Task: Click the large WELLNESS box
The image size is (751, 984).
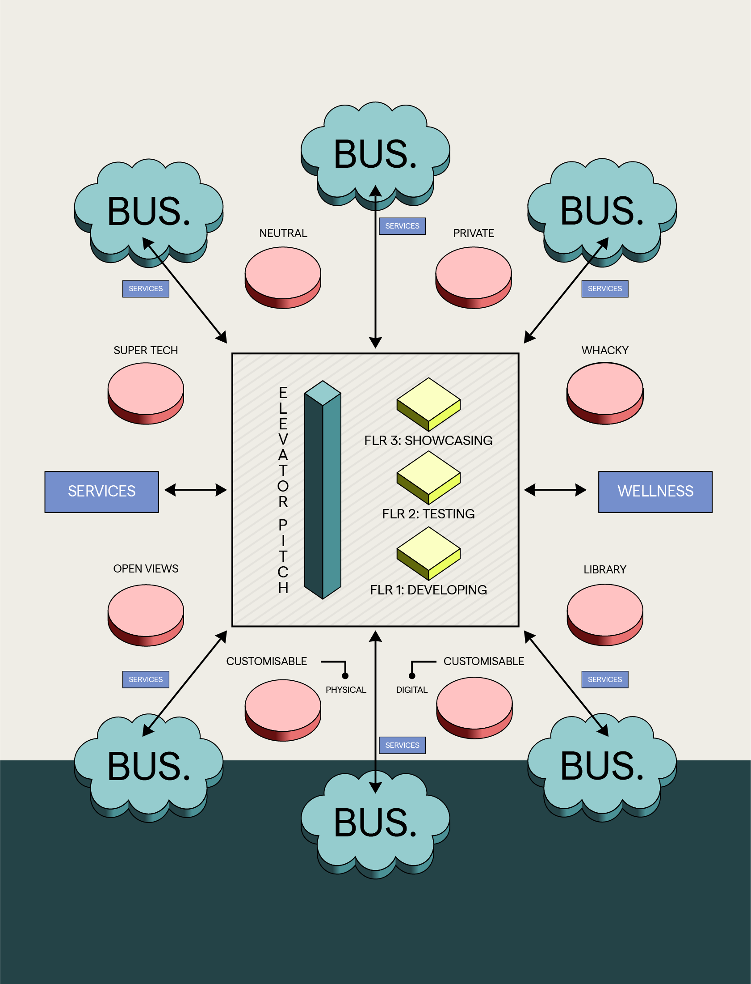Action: pyautogui.click(x=655, y=491)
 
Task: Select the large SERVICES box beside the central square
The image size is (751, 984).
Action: pyautogui.click(x=101, y=491)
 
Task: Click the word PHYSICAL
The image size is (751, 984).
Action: pyautogui.click(x=345, y=690)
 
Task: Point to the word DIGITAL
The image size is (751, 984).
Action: pyautogui.click(x=412, y=690)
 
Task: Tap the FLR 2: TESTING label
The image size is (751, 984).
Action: pyautogui.click(x=428, y=514)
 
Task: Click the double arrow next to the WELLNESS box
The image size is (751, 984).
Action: pyautogui.click(x=555, y=490)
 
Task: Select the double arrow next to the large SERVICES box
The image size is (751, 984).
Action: pyautogui.click(x=195, y=490)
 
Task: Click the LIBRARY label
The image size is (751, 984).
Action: pyautogui.click(x=605, y=569)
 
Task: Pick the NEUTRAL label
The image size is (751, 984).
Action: pyautogui.click(x=283, y=233)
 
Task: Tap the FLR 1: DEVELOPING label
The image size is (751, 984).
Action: pyautogui.click(x=428, y=590)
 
